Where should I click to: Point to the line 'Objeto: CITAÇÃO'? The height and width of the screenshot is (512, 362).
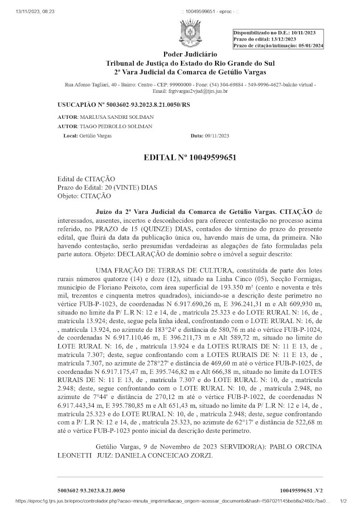pyautogui.click(x=84, y=196)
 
